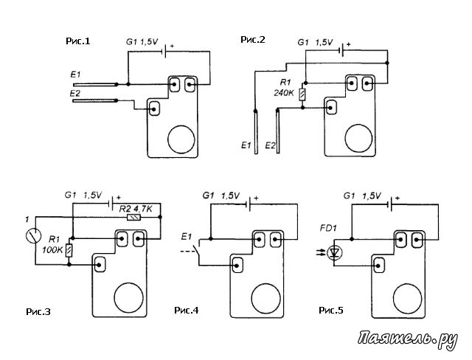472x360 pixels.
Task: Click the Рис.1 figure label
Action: point(77,41)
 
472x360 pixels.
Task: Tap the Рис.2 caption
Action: point(253,39)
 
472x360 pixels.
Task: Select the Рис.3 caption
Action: point(38,312)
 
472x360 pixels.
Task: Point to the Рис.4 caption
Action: point(187,310)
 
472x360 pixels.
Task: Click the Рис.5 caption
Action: point(331,310)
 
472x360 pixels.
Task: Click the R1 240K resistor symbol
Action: point(302,94)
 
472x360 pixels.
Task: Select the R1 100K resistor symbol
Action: point(69,251)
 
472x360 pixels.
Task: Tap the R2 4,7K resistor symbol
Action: point(133,217)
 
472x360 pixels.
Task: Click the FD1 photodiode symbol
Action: point(334,253)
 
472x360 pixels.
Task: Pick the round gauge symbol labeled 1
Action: point(33,235)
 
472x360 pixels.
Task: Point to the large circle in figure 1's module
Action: point(181,139)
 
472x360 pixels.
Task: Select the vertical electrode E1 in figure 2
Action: point(256,132)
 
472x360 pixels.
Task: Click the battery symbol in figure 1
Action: point(164,52)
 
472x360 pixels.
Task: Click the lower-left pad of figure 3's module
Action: point(100,265)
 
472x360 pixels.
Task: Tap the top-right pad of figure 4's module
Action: point(275,239)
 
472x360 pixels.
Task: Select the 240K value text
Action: point(284,93)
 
